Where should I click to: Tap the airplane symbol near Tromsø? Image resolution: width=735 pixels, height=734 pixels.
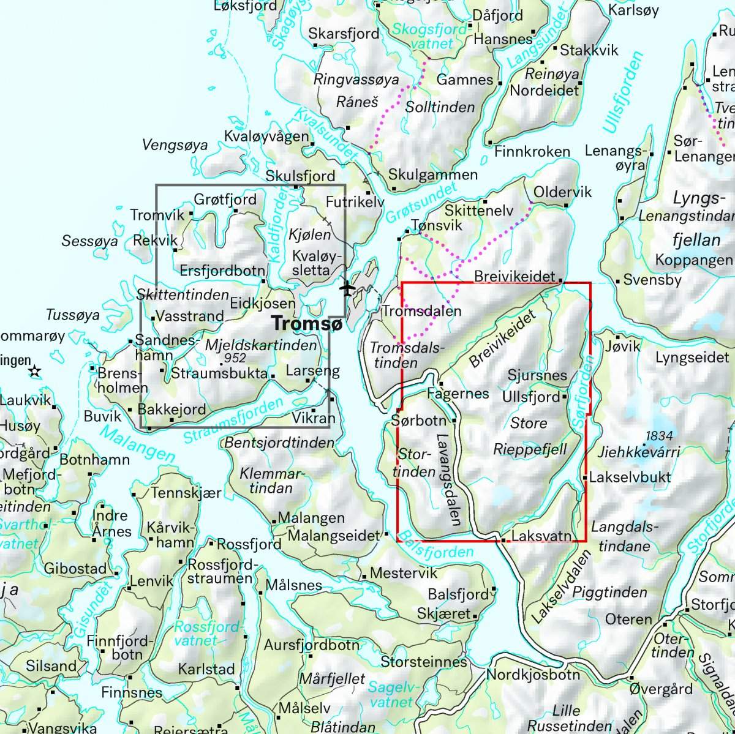tap(348, 287)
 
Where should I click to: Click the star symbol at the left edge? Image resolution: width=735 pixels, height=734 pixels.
tap(35, 371)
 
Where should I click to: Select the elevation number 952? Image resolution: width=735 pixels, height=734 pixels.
tap(235, 358)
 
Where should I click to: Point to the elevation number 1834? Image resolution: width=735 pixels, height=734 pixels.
tap(658, 436)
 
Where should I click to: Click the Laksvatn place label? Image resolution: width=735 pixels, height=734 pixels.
tap(541, 536)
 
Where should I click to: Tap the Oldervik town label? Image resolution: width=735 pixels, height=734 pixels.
tap(563, 192)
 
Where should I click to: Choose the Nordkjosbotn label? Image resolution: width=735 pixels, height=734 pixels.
tap(533, 675)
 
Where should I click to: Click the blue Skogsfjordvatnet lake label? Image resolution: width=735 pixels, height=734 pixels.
tap(423, 36)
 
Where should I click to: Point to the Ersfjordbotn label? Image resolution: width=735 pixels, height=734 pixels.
tap(223, 271)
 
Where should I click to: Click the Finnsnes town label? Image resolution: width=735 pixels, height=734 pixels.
tap(132, 693)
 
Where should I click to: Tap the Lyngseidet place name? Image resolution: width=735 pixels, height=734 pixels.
tap(692, 357)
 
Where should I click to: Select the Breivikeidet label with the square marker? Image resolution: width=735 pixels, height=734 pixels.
tap(514, 277)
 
